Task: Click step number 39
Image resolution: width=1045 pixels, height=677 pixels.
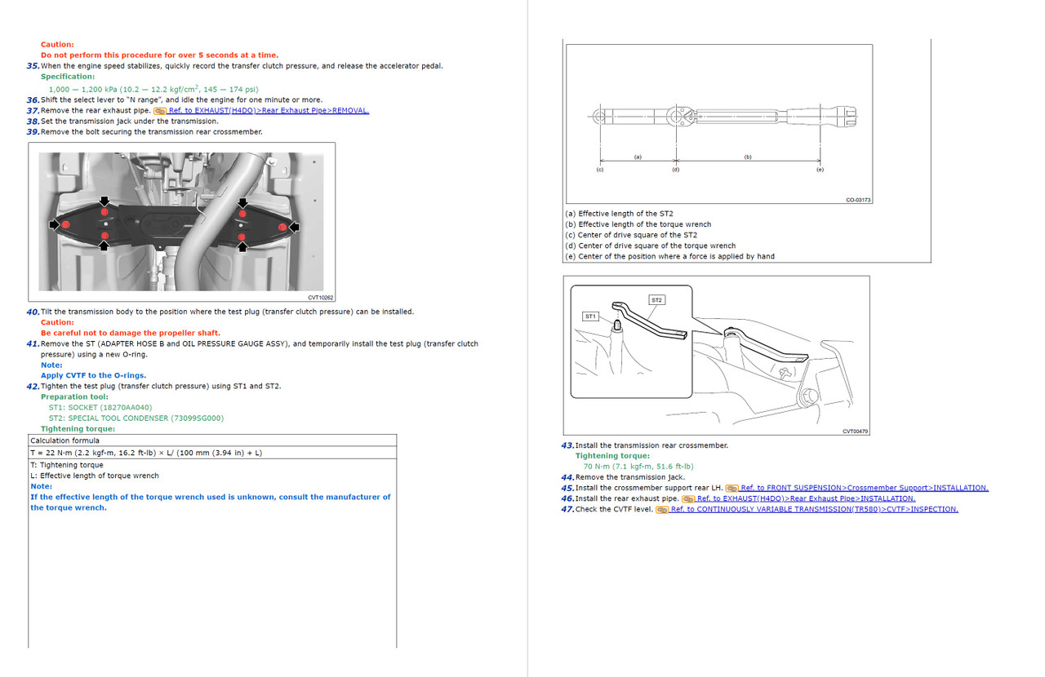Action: pyautogui.click(x=33, y=132)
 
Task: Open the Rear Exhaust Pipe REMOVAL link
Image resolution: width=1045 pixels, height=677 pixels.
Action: pyautogui.click(x=269, y=110)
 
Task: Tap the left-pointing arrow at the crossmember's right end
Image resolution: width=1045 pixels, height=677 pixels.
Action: pyautogui.click(x=295, y=227)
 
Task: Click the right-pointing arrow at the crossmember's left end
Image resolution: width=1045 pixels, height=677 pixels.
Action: pyautogui.click(x=55, y=225)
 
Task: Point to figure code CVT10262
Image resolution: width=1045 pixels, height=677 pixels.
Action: pyautogui.click(x=321, y=298)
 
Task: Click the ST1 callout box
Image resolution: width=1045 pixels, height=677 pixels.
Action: pyautogui.click(x=590, y=316)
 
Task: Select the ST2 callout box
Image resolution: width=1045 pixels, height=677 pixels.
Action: pyautogui.click(x=657, y=300)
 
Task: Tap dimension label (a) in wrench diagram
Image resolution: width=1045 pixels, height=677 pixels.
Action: pyautogui.click(x=638, y=157)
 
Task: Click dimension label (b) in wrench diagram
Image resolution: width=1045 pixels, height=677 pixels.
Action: pyautogui.click(x=748, y=157)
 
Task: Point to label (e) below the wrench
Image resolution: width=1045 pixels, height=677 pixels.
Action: pyautogui.click(x=820, y=170)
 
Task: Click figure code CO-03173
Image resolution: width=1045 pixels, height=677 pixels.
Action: pyautogui.click(x=858, y=200)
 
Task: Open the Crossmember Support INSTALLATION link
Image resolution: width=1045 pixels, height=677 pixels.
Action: pyautogui.click(x=865, y=488)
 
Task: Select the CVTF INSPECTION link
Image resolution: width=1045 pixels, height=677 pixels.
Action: pyautogui.click(x=815, y=509)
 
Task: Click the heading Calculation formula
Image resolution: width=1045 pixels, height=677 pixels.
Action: pyautogui.click(x=64, y=440)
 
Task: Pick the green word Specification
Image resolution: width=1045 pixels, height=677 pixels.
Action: pyautogui.click(x=68, y=77)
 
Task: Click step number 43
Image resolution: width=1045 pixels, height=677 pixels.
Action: pyautogui.click(x=567, y=445)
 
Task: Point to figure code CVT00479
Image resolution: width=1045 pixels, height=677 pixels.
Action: pyautogui.click(x=855, y=431)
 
